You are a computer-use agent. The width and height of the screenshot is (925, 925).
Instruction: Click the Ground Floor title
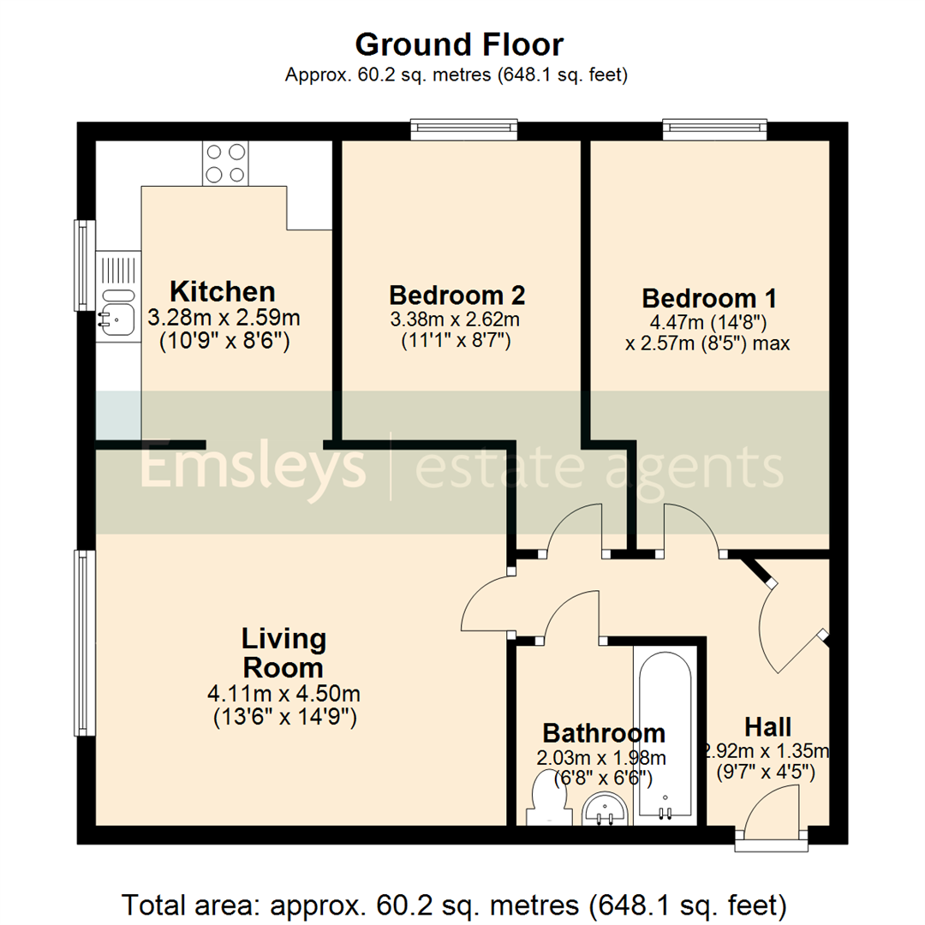tap(459, 44)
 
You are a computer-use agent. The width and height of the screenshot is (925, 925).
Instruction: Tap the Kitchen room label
tap(223, 291)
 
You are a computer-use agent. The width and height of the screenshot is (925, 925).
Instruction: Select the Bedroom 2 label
tap(457, 295)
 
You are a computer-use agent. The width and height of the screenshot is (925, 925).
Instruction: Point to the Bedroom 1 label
tap(709, 299)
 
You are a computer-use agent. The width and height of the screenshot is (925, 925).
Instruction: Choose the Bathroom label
tap(604, 733)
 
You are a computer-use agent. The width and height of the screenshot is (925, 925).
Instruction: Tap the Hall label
tap(767, 726)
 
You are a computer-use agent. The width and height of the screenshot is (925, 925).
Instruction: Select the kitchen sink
tap(116, 313)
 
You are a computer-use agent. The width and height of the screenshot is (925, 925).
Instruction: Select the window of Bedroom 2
tap(464, 129)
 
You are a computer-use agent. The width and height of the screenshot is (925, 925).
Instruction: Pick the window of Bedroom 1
tap(713, 129)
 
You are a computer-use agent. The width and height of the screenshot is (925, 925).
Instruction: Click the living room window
tap(83, 642)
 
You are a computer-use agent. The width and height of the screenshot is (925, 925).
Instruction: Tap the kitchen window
tap(83, 265)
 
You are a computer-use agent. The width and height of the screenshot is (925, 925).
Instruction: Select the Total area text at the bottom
tap(454, 904)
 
